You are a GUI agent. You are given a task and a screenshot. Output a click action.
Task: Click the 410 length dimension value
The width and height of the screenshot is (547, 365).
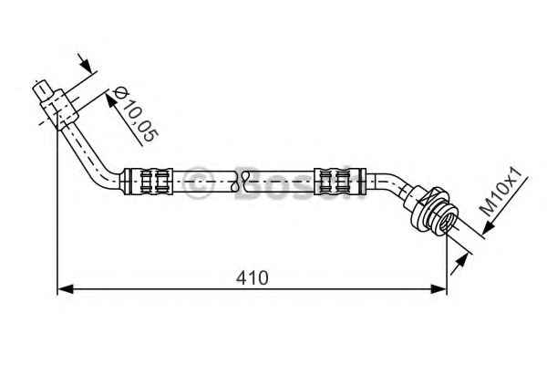tap(252, 278)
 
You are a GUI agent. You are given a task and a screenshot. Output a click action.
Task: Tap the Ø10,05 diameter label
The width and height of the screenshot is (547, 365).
tap(136, 114)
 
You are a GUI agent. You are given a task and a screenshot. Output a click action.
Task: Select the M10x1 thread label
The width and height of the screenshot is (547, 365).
tap(501, 192)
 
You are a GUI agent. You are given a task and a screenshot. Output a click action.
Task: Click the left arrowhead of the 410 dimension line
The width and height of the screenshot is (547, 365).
tap(66, 289)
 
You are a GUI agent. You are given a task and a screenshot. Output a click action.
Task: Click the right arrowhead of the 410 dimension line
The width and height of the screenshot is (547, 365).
tap(439, 289)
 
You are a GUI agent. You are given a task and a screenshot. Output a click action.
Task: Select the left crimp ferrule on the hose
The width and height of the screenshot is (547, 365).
tap(149, 182)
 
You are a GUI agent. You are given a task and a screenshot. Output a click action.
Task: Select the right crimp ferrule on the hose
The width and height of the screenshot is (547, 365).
tap(340, 182)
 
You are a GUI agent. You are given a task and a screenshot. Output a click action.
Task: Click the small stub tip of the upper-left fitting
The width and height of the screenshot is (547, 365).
tap(42, 90)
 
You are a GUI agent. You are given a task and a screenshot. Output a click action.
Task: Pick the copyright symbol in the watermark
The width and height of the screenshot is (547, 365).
tap(198, 182)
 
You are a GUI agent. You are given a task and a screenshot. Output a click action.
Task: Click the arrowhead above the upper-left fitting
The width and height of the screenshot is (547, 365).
tap(85, 64)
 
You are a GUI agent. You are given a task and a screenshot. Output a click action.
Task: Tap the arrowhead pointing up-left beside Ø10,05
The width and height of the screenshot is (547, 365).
tap(111, 99)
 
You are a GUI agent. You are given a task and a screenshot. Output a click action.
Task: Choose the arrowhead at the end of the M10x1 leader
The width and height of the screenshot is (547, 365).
tap(489, 228)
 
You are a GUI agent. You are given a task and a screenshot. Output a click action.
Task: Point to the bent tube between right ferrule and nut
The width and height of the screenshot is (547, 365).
tap(389, 183)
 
